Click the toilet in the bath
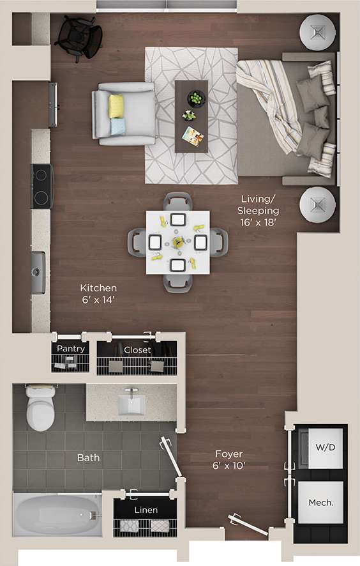tap(40, 409)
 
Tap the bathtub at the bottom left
tap(57, 515)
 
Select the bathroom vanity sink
tap(133, 403)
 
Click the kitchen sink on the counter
tap(38, 272)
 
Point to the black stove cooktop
tap(42, 186)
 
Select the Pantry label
tap(71, 349)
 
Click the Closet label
tap(137, 350)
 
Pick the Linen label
tap(145, 510)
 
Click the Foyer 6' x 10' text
tap(228, 459)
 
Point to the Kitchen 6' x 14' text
tap(98, 293)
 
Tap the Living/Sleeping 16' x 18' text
tap(258, 211)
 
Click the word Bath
tap(88, 457)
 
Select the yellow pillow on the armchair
tap(116, 106)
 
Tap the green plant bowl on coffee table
tap(196, 99)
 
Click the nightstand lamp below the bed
tap(318, 204)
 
